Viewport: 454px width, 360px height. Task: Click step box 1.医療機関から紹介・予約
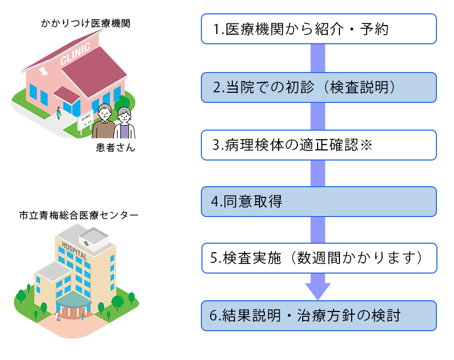tap(319, 29)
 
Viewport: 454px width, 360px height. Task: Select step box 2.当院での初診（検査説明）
tap(319, 87)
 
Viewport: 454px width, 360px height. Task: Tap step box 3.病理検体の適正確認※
tap(319, 145)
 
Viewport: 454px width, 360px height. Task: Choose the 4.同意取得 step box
tap(319, 202)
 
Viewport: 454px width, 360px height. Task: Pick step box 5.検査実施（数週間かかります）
tap(319, 258)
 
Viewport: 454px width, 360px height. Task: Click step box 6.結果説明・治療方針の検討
tap(319, 316)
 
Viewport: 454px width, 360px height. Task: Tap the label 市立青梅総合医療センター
tap(78, 215)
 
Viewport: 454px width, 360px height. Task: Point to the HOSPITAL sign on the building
tap(74, 250)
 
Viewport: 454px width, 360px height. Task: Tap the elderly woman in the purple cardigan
tap(125, 124)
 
